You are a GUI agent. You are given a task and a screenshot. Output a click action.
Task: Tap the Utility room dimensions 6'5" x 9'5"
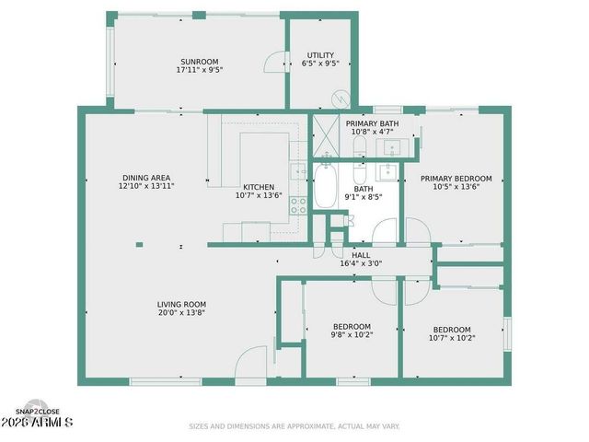tap(320, 64)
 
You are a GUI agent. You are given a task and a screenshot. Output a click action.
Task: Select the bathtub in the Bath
tap(325, 187)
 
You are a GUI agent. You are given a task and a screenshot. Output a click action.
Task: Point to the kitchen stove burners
tap(299, 205)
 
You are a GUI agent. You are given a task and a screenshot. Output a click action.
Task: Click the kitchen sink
tap(298, 169)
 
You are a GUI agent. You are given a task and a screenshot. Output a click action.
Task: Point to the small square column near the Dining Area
tap(139, 244)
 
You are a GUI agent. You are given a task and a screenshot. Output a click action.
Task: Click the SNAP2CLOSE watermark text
tap(39, 412)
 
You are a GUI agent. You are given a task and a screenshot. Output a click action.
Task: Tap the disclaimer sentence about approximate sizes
tap(294, 426)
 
